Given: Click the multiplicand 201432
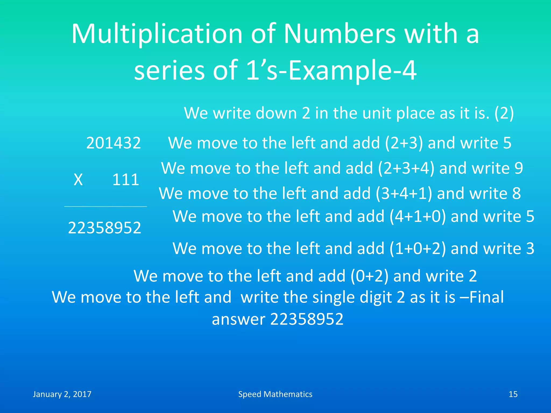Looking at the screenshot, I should [113, 143].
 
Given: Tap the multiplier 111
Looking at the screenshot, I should [126, 179].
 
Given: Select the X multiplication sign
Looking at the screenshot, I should [78, 179].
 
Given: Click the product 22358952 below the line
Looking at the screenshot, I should [104, 228].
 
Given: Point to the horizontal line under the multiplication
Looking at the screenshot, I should [105, 206].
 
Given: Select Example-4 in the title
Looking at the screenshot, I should [352, 70].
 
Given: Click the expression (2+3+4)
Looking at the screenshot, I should [406, 168].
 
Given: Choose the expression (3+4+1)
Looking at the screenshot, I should [404, 193].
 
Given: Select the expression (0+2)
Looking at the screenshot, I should [369, 276].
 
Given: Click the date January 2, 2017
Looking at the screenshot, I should [62, 394].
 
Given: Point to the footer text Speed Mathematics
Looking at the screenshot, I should [275, 394].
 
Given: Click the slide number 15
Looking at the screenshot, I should [513, 394].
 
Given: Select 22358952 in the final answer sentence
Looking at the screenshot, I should [307, 319].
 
